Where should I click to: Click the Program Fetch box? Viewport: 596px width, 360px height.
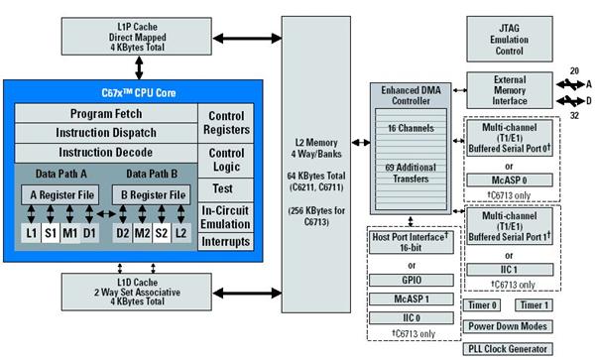(x=104, y=115)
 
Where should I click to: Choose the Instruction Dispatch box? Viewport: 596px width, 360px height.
(x=104, y=134)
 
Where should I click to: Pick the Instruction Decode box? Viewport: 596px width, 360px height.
(x=104, y=153)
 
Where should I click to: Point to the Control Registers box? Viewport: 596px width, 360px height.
(x=226, y=124)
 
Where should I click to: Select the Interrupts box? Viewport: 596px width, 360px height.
(x=226, y=241)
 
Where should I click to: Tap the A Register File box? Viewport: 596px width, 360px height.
(x=60, y=195)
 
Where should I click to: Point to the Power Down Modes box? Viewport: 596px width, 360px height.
(x=508, y=326)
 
